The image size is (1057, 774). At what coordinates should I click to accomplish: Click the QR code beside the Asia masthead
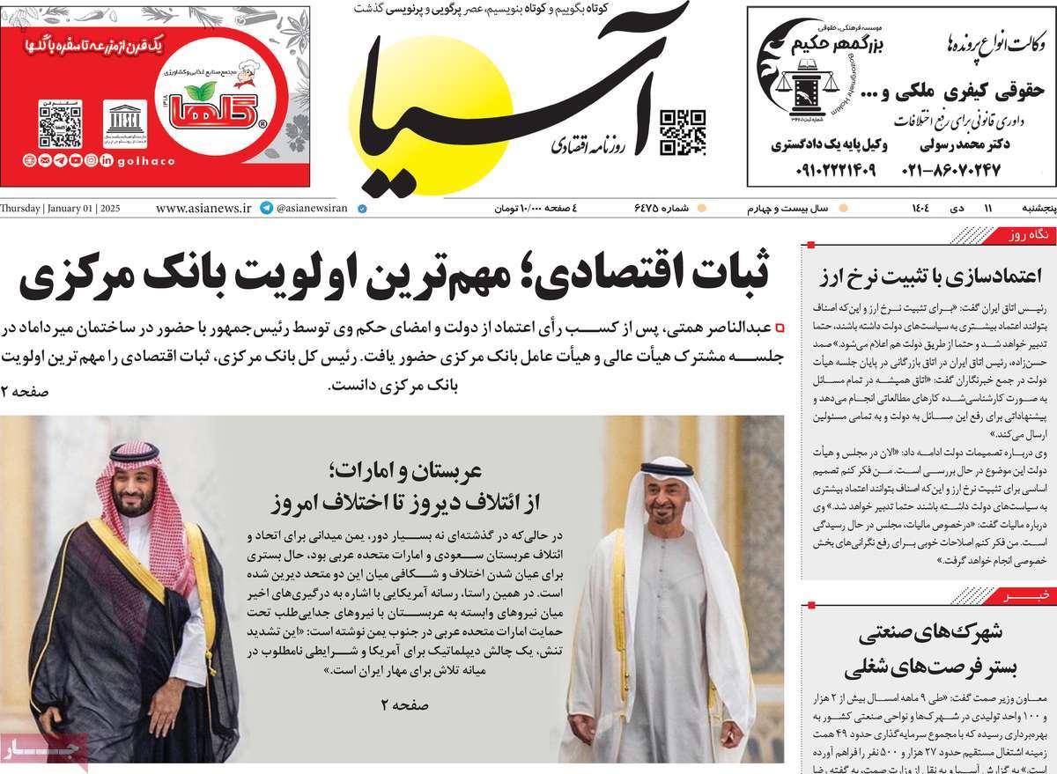pos(683,132)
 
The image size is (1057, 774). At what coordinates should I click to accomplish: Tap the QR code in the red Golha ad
pos(60,123)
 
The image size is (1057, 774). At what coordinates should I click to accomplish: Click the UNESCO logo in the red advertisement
pos(125,123)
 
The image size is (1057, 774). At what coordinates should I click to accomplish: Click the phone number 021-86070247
pos(951,169)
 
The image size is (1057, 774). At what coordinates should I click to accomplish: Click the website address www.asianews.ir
pos(203,209)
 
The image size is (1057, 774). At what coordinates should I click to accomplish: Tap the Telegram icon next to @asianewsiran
pos(266,209)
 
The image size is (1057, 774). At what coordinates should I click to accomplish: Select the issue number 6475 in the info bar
pos(652,209)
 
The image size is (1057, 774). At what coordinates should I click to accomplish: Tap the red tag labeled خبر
pos(1034,596)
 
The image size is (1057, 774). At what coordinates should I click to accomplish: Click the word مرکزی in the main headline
pos(84,276)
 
